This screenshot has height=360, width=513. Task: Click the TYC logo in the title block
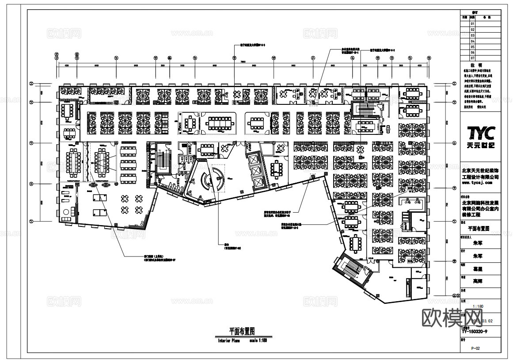481,133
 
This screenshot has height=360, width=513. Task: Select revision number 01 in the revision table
472,23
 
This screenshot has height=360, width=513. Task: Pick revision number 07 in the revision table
472,58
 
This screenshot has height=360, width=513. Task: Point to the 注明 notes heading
481,65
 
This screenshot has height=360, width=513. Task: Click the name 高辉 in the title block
478,281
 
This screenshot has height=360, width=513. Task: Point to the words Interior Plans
228,341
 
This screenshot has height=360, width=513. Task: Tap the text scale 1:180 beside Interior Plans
258,341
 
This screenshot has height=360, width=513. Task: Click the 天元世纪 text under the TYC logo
481,146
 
